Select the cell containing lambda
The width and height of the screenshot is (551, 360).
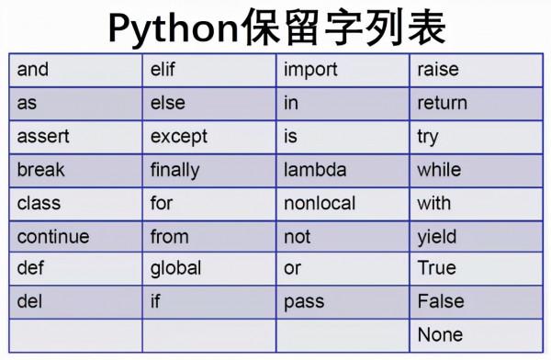[315, 170]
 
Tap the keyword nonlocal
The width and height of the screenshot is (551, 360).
[320, 203]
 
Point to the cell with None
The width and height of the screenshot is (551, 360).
[440, 334]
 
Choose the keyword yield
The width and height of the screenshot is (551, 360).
[436, 237]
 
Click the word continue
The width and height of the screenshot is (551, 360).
[53, 236]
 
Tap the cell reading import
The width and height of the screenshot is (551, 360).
[310, 70]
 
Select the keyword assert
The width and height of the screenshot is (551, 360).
[43, 137]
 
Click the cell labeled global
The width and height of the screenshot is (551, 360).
[175, 269]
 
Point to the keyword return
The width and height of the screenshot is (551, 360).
[442, 103]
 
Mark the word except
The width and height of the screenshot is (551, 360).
[179, 137]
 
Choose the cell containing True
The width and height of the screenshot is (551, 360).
[436, 268]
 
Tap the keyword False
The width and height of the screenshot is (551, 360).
[441, 301]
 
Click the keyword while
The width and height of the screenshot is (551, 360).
[439, 170]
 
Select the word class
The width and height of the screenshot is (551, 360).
[39, 203]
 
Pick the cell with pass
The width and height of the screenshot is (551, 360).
[304, 301]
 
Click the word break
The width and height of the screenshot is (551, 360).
[41, 170]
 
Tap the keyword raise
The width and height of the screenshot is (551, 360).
[438, 70]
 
